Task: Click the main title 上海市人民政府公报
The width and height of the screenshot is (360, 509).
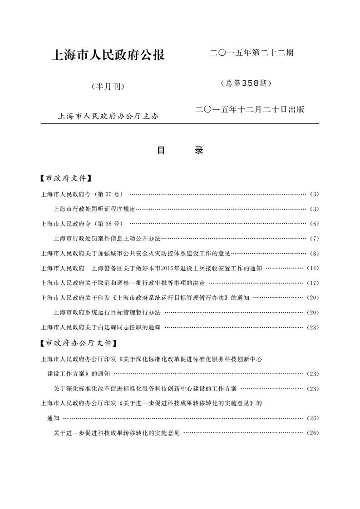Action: pyautogui.click(x=108, y=55)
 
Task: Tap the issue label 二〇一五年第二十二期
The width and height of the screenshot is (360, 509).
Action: pyautogui.click(x=251, y=53)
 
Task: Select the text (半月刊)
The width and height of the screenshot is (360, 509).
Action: pyautogui.click(x=108, y=86)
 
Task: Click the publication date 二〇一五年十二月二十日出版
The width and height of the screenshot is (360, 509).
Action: pyautogui.click(x=249, y=109)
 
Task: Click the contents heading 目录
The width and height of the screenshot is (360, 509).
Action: pyautogui.click(x=180, y=151)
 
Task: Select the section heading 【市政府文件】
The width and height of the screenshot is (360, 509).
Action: pyautogui.click(x=66, y=178)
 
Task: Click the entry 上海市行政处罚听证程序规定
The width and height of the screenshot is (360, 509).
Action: pyautogui.click(x=94, y=209)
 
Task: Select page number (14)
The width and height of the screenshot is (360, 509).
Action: pyautogui.click(x=313, y=268)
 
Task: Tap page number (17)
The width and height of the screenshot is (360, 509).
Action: pyautogui.click(x=313, y=283)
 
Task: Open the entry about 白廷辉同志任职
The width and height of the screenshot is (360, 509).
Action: pyautogui.click(x=101, y=327)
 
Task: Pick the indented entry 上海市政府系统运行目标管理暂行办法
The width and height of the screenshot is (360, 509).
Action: pyautogui.click(x=107, y=313)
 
